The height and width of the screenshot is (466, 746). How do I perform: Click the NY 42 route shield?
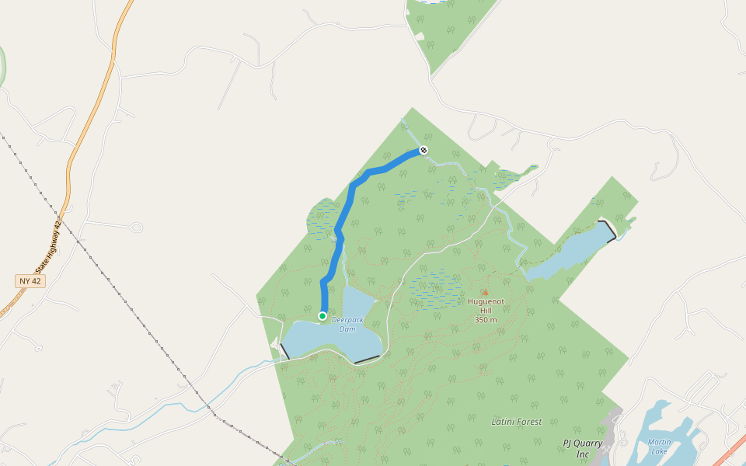(30, 280)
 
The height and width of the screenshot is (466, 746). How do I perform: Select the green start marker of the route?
(322, 316)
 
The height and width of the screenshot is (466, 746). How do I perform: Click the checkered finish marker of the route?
(424, 150)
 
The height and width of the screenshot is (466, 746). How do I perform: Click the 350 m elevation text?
(486, 319)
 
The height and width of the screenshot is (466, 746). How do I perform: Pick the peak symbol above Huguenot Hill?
(486, 293)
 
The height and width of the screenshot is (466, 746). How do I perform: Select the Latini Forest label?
(517, 422)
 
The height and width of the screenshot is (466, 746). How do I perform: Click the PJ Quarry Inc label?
(583, 448)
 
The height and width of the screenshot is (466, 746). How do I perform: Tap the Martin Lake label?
(659, 447)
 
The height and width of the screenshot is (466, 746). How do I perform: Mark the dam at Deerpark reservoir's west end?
(284, 350)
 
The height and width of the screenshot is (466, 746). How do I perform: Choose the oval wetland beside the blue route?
(322, 218)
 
